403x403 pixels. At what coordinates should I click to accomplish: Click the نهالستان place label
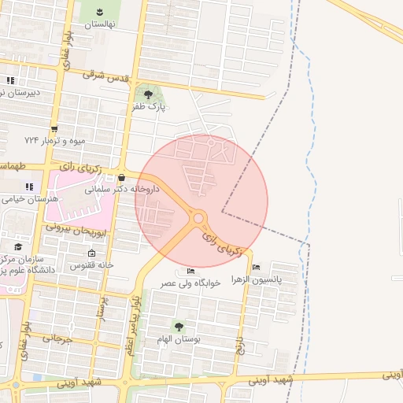pos(100,24)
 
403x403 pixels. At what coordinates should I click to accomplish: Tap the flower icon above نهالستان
pos(101,11)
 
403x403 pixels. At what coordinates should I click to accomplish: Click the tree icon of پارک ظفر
pos(148,95)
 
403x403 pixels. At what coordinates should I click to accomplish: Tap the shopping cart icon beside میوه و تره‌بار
pos(54,129)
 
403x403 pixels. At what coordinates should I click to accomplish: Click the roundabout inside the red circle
pos(198,218)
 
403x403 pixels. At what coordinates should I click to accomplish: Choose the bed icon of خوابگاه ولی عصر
pos(190,272)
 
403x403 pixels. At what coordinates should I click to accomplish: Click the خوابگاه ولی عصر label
pos(190,283)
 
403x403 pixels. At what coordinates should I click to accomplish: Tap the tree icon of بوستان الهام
pos(179,326)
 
